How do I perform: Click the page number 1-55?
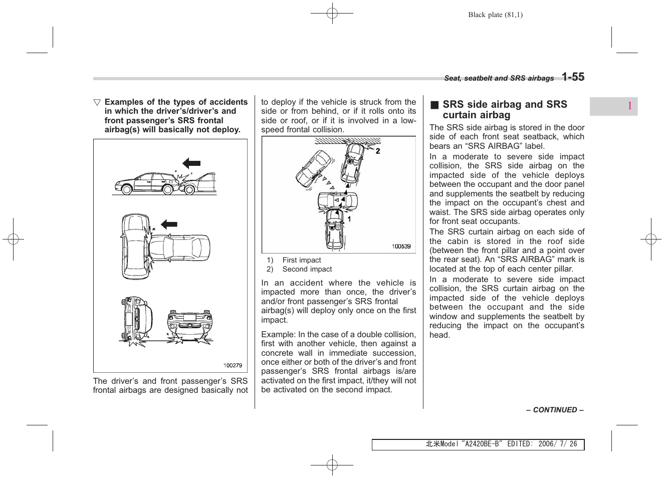click(x=572, y=77)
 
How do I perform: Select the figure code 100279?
click(x=233, y=365)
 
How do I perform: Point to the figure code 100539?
click(x=401, y=246)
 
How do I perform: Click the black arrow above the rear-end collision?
click(x=191, y=163)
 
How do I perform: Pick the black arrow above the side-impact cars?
click(x=169, y=224)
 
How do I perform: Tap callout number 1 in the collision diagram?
click(x=349, y=219)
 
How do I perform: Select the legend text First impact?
click(x=301, y=260)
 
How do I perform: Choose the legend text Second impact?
click(x=307, y=269)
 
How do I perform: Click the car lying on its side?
click(x=136, y=320)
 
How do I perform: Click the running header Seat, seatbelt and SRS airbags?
click(x=499, y=79)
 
